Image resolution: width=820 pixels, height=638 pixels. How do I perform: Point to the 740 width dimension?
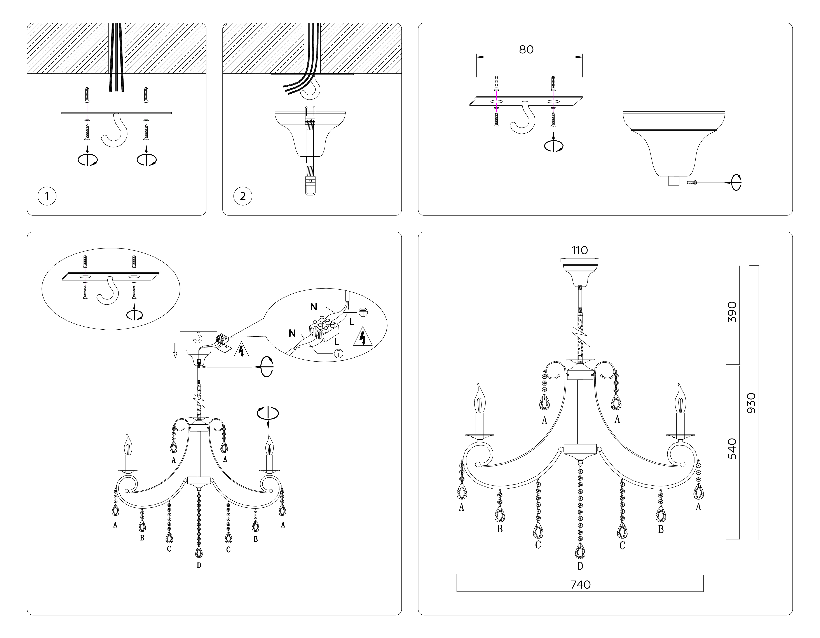(x=581, y=585)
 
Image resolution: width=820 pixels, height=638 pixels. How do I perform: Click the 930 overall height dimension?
(x=751, y=403)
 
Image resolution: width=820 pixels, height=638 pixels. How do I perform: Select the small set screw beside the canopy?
(x=692, y=182)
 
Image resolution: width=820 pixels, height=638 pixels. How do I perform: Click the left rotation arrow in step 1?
(x=87, y=160)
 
